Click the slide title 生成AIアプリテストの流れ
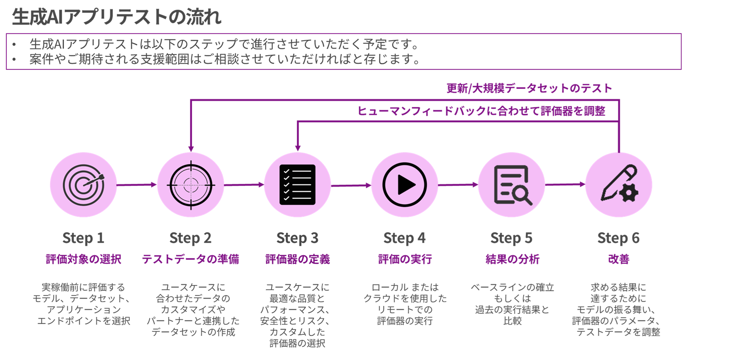[116, 17]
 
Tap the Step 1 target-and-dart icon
[84, 185]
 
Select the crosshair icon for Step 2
[191, 185]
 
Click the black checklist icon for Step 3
[297, 185]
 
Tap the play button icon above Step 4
[404, 185]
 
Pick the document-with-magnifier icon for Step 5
[512, 185]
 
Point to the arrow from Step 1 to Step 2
[136, 185]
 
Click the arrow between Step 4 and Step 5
[458, 185]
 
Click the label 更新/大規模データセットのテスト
[529, 88]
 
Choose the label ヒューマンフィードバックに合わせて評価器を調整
[481, 111]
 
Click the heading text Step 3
[297, 238]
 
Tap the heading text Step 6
[618, 238]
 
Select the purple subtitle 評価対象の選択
[84, 259]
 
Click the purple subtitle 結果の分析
[512, 259]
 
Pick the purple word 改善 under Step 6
[619, 259]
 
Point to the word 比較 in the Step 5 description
[512, 321]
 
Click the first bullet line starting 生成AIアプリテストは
[223, 44]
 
